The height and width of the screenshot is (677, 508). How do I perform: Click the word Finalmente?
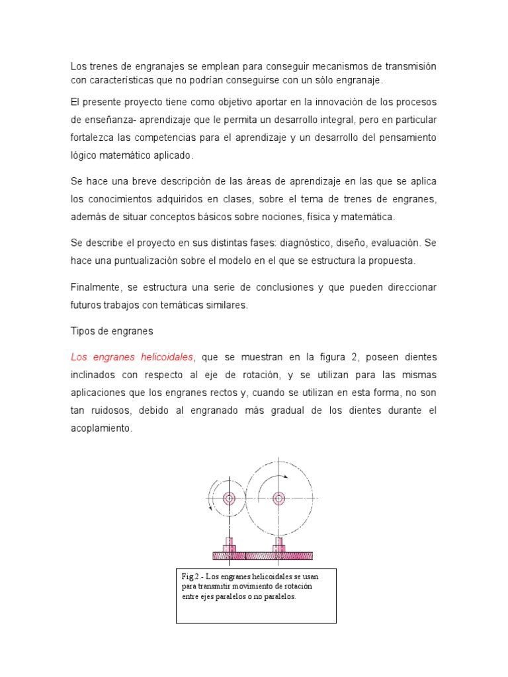pyautogui.click(x=97, y=288)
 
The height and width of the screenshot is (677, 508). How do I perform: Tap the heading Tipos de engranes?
pyautogui.click(x=111, y=331)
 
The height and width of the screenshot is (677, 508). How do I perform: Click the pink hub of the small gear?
pyautogui.click(x=230, y=498)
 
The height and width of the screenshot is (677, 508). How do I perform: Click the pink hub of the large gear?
pyautogui.click(x=279, y=498)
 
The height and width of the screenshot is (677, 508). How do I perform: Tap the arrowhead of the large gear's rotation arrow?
pyautogui.click(x=286, y=476)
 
